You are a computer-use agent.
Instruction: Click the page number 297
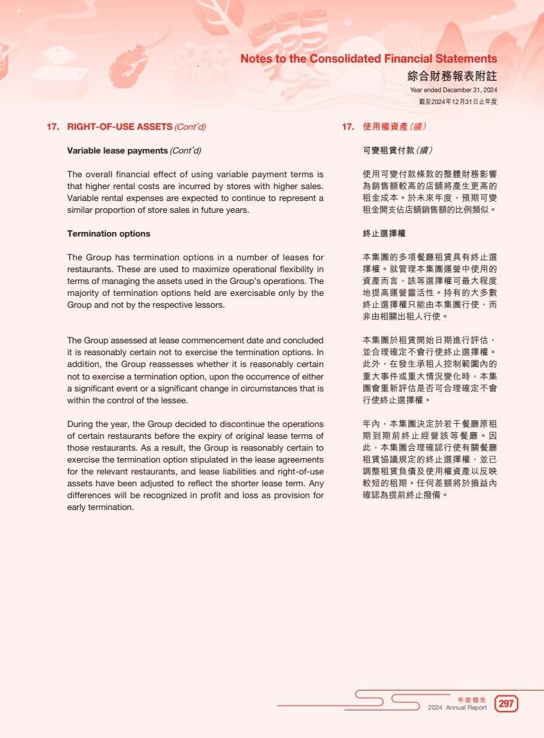pyautogui.click(x=506, y=704)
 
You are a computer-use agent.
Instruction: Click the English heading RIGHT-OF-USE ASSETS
pyautogui.click(x=119, y=127)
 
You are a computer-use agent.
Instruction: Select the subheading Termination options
pyautogui.click(x=109, y=234)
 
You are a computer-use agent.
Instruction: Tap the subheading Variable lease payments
pyautogui.click(x=117, y=151)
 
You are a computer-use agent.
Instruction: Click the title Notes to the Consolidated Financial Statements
pyautogui.click(x=369, y=59)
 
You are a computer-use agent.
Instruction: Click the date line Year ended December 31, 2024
pyautogui.click(x=453, y=90)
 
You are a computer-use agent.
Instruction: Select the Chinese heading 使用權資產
pyautogui.click(x=385, y=127)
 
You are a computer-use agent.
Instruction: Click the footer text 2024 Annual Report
pyautogui.click(x=457, y=708)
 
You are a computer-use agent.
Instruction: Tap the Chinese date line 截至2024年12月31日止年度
pyautogui.click(x=458, y=101)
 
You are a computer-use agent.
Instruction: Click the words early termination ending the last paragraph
pyautogui.click(x=100, y=507)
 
